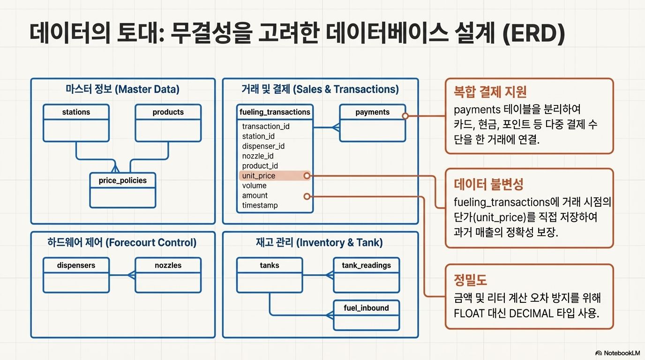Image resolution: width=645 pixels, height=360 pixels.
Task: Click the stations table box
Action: tap(76, 123)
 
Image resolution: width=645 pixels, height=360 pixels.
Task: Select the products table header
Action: tap(168, 112)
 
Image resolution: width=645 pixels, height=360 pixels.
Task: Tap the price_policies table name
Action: tap(122, 180)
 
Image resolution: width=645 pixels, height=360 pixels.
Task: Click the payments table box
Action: tap(372, 123)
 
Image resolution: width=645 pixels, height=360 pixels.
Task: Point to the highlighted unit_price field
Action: tap(259, 176)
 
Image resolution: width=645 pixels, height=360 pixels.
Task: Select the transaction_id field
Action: tap(266, 127)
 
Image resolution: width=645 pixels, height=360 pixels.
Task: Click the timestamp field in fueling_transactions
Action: tap(260, 205)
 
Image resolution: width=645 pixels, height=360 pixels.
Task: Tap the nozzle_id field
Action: tap(258, 156)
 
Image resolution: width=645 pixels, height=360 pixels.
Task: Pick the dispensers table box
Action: tap(76, 275)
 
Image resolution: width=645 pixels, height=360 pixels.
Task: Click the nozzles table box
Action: tap(168, 275)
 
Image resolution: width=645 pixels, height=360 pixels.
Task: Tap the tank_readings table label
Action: tap(366, 265)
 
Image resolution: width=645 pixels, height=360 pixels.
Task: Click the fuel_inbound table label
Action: tap(366, 308)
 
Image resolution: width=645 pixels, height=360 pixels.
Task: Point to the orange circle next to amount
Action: tap(307, 196)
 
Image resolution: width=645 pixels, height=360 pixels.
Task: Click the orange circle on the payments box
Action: tap(405, 115)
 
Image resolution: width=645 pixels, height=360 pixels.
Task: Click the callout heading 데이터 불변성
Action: tap(488, 183)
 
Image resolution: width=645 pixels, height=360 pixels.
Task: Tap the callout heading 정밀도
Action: tap(471, 280)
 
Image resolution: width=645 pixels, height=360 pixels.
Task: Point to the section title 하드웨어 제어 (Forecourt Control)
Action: tap(122, 242)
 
